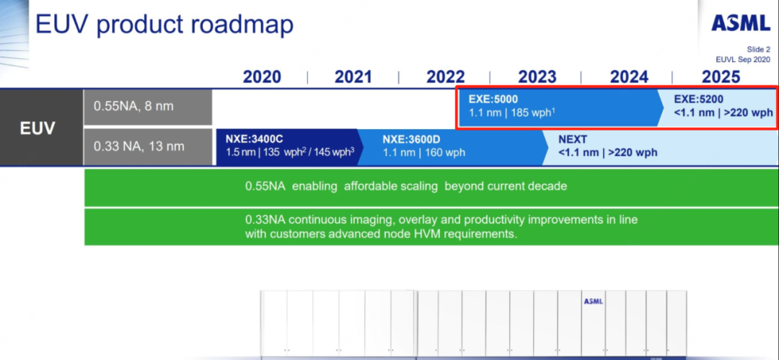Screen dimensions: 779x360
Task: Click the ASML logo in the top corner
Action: pyautogui.click(x=741, y=23)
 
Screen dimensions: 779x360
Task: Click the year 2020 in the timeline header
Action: pyautogui.click(x=262, y=77)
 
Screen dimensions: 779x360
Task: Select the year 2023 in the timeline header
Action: pyautogui.click(x=537, y=77)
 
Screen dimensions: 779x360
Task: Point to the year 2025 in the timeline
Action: pyautogui.click(x=721, y=77)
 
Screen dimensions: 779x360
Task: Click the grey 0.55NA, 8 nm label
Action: pyautogui.click(x=148, y=106)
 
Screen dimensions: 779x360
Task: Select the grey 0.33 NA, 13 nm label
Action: pyautogui.click(x=148, y=146)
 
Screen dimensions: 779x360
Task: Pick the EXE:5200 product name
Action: pyautogui.click(x=698, y=99)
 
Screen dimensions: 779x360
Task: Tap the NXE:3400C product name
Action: pyautogui.click(x=255, y=139)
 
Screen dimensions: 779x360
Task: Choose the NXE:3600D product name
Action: pyautogui.click(x=411, y=139)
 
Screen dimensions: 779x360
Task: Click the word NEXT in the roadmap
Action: pyautogui.click(x=572, y=139)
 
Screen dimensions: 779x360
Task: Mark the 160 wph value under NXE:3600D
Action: pyautogui.click(x=444, y=153)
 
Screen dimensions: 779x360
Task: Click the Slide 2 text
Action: pyautogui.click(x=759, y=50)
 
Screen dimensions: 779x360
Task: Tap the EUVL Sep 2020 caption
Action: pyautogui.click(x=743, y=59)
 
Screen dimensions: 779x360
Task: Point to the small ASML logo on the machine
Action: pyautogui.click(x=593, y=302)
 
